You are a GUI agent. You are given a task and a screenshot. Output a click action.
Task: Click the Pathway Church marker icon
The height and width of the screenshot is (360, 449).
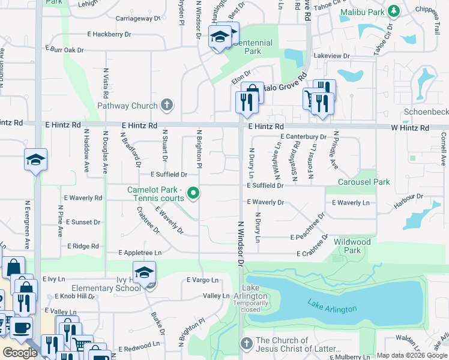click(x=167, y=106)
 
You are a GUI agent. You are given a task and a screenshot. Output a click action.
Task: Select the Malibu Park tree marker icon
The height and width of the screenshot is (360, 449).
click(x=394, y=11)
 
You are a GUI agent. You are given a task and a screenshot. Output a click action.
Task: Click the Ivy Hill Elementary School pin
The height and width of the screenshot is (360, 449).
click(x=144, y=273)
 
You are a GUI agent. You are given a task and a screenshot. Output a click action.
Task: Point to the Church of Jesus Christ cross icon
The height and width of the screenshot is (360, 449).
click(x=246, y=343)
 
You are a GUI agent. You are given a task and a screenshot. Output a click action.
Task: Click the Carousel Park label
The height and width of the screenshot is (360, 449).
click(x=364, y=182)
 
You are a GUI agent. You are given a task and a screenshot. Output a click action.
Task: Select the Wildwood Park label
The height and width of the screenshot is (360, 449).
click(x=352, y=246)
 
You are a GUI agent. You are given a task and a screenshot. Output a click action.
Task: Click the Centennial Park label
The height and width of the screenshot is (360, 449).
click(x=252, y=47)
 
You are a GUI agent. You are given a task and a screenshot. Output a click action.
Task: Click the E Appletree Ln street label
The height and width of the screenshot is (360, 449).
click(x=140, y=253)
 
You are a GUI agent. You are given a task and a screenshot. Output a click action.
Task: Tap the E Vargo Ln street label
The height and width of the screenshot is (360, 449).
click(x=202, y=280)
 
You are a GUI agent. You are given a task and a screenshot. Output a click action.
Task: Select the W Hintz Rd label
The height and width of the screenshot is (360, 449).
click(x=410, y=128)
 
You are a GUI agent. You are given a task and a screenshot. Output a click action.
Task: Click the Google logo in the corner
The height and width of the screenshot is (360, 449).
click(x=20, y=353)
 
